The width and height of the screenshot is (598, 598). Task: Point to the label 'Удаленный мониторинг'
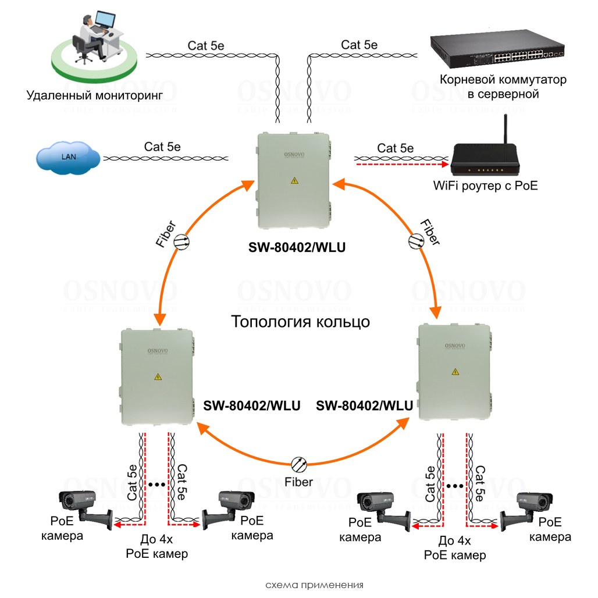click(x=94, y=94)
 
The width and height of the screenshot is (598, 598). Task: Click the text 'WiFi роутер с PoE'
click(x=486, y=186)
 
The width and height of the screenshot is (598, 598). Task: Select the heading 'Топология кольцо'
click(x=300, y=322)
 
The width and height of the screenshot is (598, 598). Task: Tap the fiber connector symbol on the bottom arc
click(x=299, y=464)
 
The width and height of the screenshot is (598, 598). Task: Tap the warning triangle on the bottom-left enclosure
click(x=157, y=377)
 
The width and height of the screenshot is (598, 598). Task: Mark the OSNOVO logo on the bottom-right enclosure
click(x=455, y=346)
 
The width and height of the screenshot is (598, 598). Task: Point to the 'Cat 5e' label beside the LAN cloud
click(x=162, y=147)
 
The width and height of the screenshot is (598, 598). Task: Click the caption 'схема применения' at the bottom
click(x=314, y=585)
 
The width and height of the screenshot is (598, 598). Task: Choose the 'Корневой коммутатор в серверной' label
click(x=503, y=86)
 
